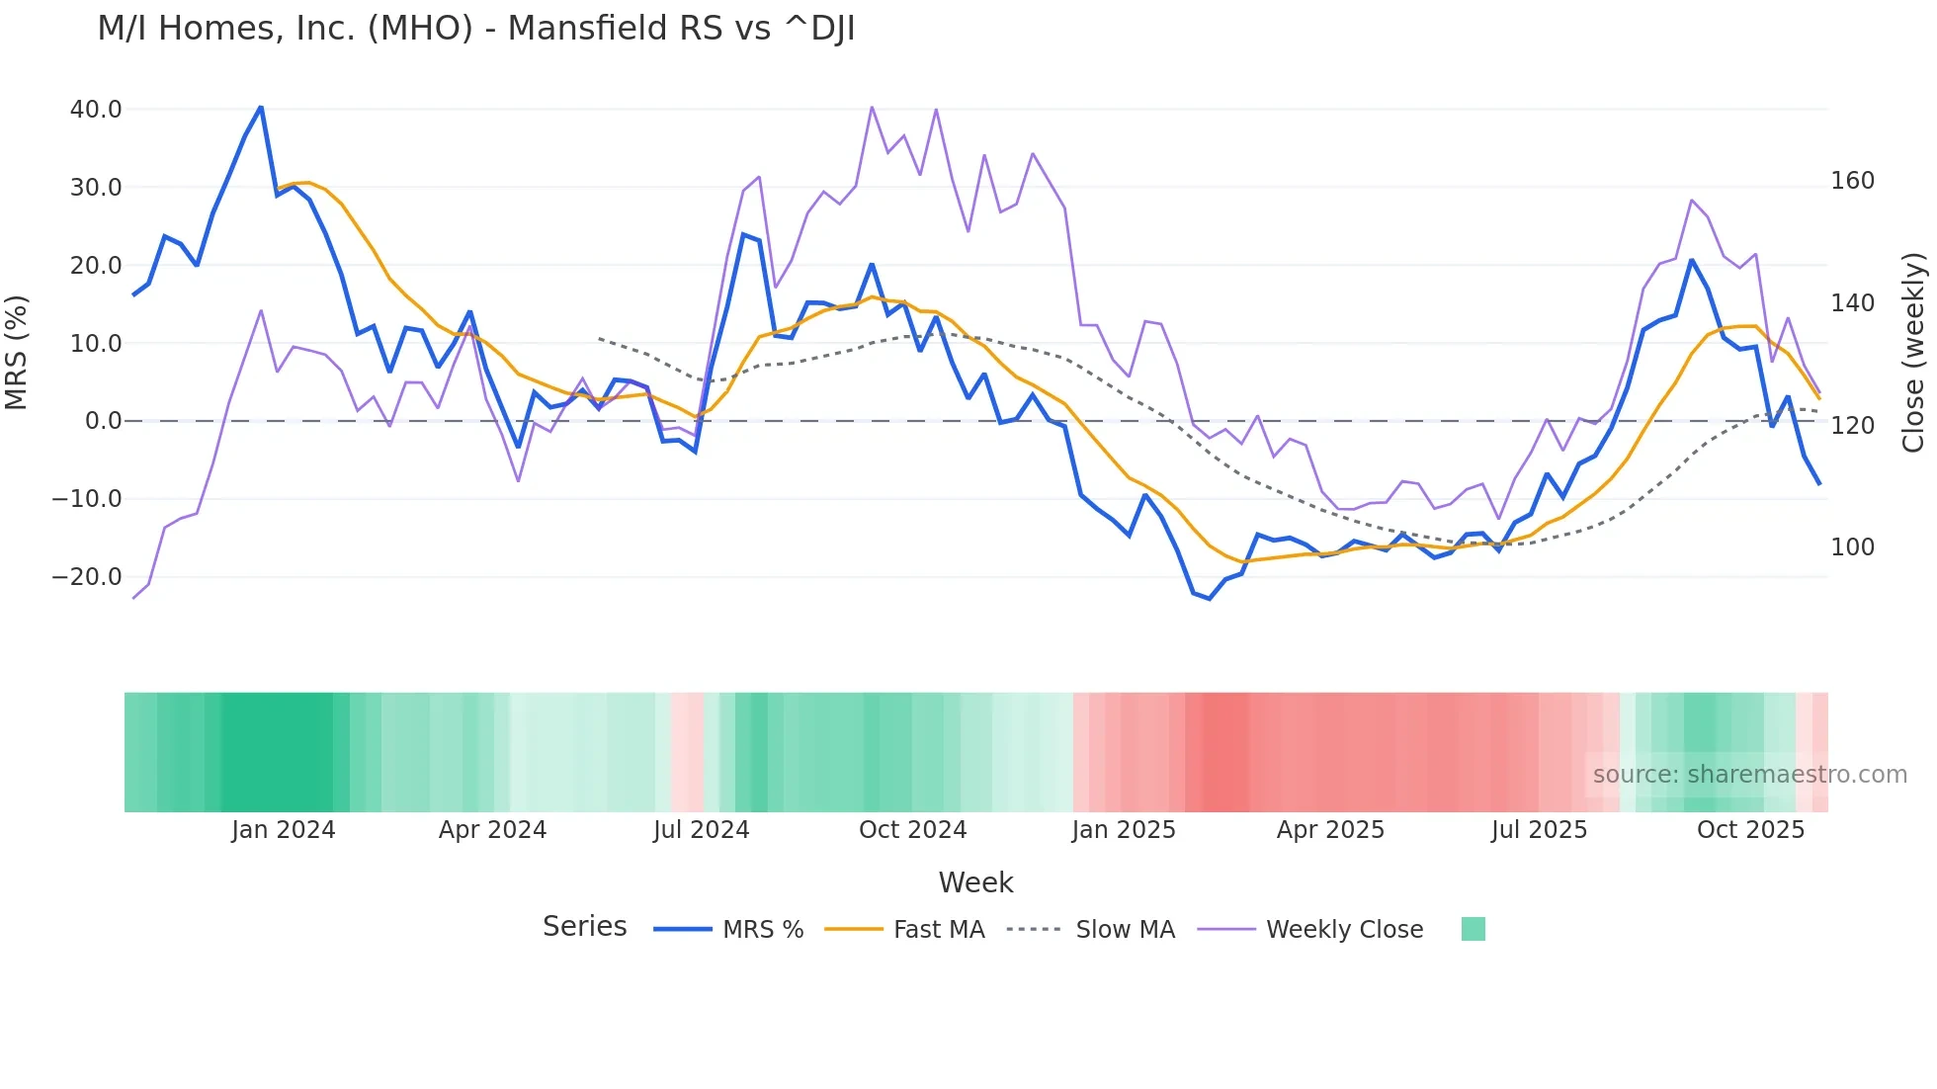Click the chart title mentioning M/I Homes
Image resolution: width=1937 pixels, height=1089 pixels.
[475, 29]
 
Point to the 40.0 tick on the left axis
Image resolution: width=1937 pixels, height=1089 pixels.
[96, 110]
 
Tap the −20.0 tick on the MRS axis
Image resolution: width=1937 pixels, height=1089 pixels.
[87, 577]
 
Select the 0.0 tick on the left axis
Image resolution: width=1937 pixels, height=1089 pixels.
[103, 421]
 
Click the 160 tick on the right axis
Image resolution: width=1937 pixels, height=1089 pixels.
[1852, 181]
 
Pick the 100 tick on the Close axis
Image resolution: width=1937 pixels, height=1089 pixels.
[1852, 547]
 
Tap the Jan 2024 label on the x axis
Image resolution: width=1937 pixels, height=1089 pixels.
[284, 830]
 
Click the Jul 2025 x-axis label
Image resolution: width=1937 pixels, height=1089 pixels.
[1539, 830]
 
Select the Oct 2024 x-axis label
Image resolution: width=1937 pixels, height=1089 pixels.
[912, 830]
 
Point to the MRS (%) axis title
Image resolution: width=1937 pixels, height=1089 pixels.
[17, 352]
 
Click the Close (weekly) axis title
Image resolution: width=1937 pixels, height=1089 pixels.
[1914, 352]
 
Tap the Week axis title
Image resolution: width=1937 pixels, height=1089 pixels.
[975, 882]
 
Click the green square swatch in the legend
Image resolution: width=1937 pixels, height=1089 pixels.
[1473, 929]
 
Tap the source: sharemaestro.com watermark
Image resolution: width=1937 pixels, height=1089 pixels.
[1749, 775]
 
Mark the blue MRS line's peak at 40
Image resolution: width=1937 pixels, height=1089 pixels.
[261, 107]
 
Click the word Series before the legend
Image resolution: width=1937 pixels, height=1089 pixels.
[584, 927]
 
